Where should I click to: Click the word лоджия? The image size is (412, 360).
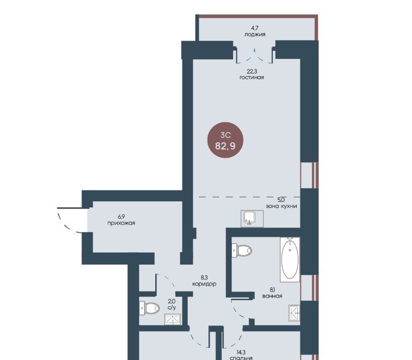tap(255, 34)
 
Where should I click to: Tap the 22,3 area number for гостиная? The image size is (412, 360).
tap(252, 71)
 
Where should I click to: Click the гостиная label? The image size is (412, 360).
tap(252, 78)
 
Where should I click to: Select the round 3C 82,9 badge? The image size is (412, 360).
tap(225, 140)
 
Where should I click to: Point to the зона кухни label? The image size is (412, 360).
tap(281, 206)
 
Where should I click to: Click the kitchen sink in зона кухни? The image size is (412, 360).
tap(252, 219)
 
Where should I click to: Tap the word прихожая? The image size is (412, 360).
tap(121, 223)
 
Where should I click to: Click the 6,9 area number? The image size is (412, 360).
tap(121, 217)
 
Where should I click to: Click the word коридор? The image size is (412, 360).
tap(204, 284)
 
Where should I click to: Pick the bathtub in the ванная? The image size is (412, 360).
tap(290, 260)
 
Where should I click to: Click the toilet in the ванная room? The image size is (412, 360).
tap(242, 250)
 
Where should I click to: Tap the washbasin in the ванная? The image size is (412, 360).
tap(294, 313)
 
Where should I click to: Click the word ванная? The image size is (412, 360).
tap(272, 296)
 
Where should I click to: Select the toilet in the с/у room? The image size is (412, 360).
tap(149, 308)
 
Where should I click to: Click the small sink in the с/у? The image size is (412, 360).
tap(173, 319)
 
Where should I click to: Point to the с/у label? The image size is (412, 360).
tap(172, 307)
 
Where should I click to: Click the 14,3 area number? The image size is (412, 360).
tap(241, 352)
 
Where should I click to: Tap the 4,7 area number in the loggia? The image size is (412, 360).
tap(255, 28)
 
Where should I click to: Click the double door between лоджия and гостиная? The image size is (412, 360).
tap(254, 56)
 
